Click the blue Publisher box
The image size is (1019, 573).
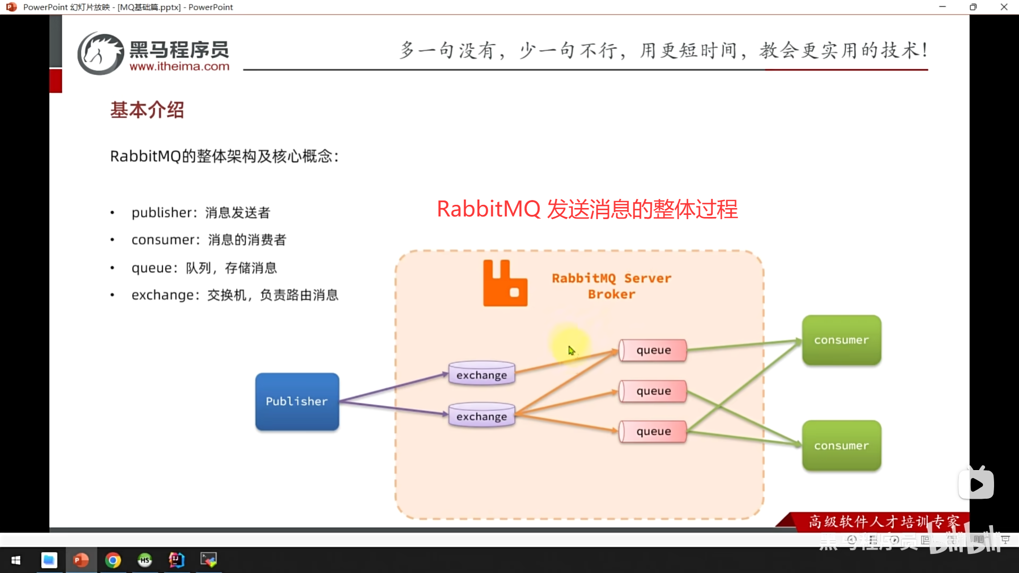tap(297, 402)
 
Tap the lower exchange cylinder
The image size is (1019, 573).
tap(481, 416)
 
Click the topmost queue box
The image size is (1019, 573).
tap(653, 350)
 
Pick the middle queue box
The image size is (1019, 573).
tap(653, 391)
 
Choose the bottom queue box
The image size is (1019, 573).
tap(653, 431)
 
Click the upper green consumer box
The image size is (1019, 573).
tap(841, 340)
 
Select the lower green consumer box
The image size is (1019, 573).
tap(841, 446)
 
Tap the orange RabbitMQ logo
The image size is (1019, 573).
tap(505, 283)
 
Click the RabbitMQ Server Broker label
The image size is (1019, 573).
tap(611, 286)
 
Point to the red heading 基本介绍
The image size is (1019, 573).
tap(147, 110)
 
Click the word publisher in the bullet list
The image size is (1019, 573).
tap(161, 213)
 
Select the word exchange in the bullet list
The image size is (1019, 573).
tap(163, 295)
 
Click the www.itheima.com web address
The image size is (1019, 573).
tap(179, 67)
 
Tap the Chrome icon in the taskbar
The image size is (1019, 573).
tap(113, 560)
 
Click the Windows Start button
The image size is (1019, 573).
tap(16, 560)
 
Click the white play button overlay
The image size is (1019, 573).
tap(976, 484)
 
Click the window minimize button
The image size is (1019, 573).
tap(943, 7)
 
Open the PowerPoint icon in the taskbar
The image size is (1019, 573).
tap(81, 560)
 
